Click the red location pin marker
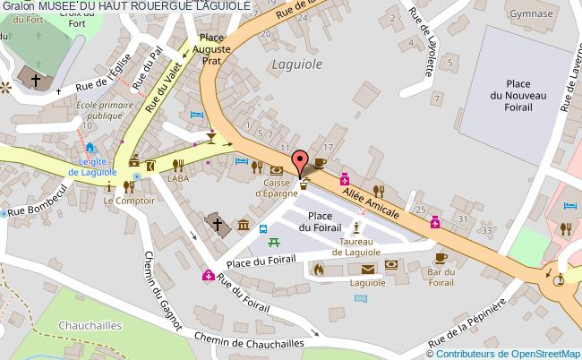[299, 160]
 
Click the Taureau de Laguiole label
[356, 245]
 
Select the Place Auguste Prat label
[211, 49]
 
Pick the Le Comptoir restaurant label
[129, 201]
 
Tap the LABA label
[178, 178]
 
